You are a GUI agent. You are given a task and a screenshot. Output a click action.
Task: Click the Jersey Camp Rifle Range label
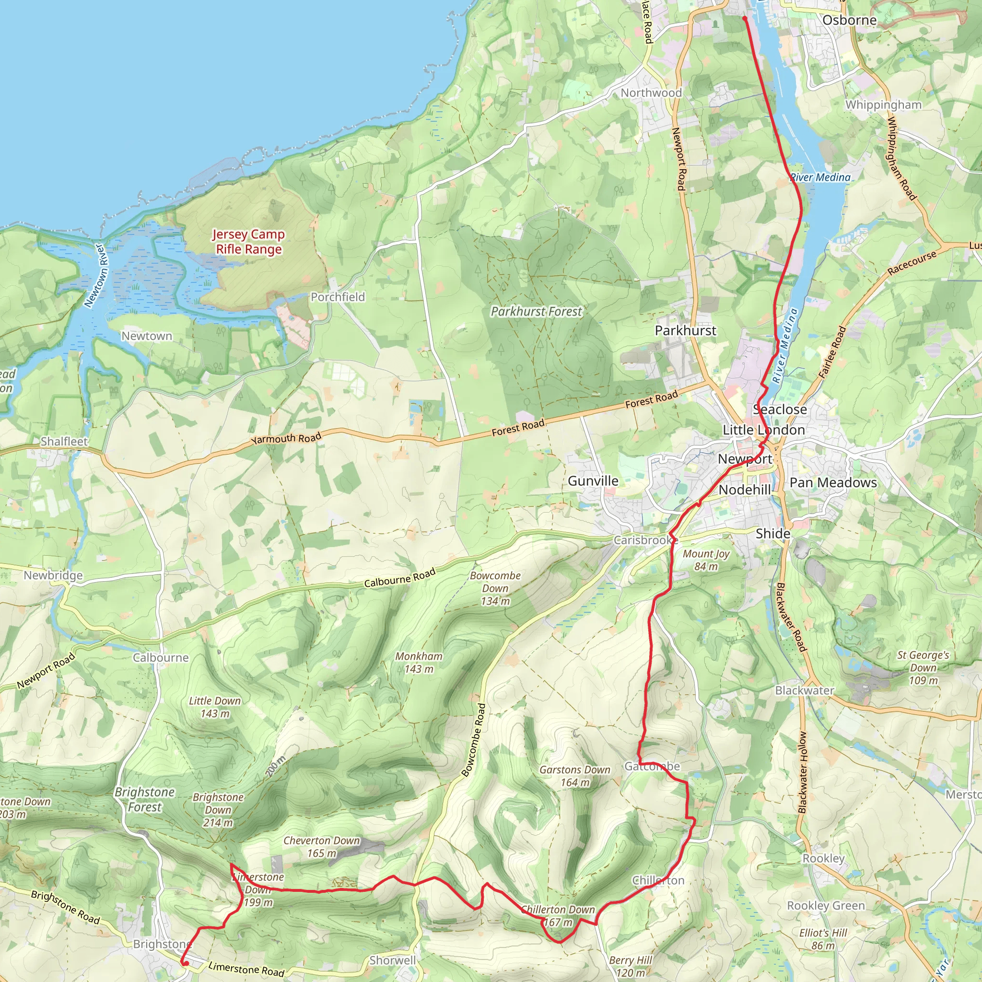click(248, 242)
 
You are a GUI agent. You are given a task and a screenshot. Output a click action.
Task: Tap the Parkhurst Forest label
click(536, 312)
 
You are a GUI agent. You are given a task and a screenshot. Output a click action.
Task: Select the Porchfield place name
click(338, 297)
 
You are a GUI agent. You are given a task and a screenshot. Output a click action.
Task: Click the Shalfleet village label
click(64, 441)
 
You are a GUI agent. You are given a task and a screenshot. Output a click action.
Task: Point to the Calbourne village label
click(161, 657)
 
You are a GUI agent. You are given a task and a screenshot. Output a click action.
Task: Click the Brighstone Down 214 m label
click(218, 810)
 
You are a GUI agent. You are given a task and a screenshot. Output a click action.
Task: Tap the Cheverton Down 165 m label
click(321, 847)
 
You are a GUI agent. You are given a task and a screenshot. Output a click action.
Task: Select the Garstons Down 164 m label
click(575, 776)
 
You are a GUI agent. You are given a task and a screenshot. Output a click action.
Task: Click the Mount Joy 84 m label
click(706, 560)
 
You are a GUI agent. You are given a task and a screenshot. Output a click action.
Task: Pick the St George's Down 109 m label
click(923, 667)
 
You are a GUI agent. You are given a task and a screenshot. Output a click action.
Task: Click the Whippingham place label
click(883, 105)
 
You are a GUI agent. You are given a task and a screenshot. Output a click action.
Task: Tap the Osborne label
click(849, 20)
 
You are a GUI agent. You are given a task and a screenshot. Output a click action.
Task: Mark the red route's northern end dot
click(745, 18)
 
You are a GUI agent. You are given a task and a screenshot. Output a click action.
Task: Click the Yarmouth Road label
click(286, 438)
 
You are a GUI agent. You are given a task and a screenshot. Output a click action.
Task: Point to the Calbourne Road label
click(399, 578)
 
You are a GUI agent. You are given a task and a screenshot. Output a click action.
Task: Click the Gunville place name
click(593, 481)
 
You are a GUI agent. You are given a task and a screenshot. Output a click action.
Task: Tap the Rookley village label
click(823, 858)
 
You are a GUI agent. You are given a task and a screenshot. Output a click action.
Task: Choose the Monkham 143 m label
click(419, 662)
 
